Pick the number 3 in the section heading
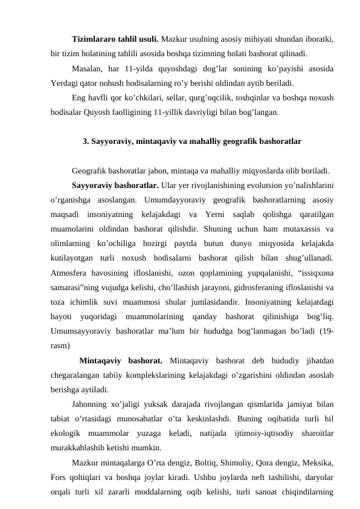tap(84, 143)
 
